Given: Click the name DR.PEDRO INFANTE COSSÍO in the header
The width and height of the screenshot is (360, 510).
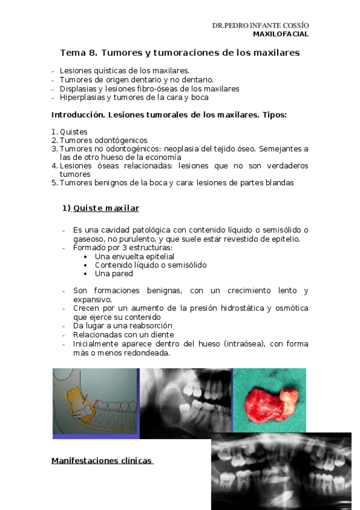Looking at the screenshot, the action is (260, 26).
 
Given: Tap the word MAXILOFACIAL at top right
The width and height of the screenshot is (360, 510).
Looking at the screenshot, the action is (280, 34).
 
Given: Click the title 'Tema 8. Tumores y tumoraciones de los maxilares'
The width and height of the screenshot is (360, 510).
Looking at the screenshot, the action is (180, 53).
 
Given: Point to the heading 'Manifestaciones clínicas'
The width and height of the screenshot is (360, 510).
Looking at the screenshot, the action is (102, 461).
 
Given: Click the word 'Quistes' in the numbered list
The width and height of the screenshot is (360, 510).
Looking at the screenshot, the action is (73, 132).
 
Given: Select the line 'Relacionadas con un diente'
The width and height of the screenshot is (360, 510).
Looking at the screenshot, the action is (123, 334).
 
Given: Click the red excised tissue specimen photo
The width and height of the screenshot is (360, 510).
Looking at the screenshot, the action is (269, 399).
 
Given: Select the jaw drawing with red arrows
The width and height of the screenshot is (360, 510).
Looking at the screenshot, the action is (96, 402).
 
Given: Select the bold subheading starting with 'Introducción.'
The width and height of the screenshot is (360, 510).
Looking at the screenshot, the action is (169, 115).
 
